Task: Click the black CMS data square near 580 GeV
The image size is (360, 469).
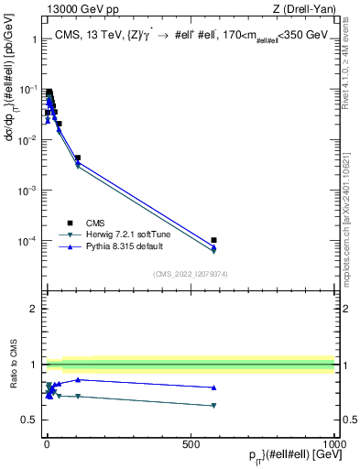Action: point(213,240)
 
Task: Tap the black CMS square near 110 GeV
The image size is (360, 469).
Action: point(78,158)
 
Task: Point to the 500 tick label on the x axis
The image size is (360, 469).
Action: point(191,443)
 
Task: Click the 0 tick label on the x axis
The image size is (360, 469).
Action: point(47,443)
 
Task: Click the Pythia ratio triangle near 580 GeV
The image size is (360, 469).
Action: point(213,387)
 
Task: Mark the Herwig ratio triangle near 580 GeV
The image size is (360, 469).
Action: point(213,405)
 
